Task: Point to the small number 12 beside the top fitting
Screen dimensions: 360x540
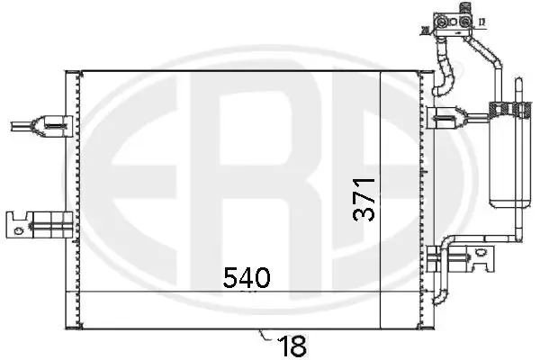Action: (482, 21)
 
